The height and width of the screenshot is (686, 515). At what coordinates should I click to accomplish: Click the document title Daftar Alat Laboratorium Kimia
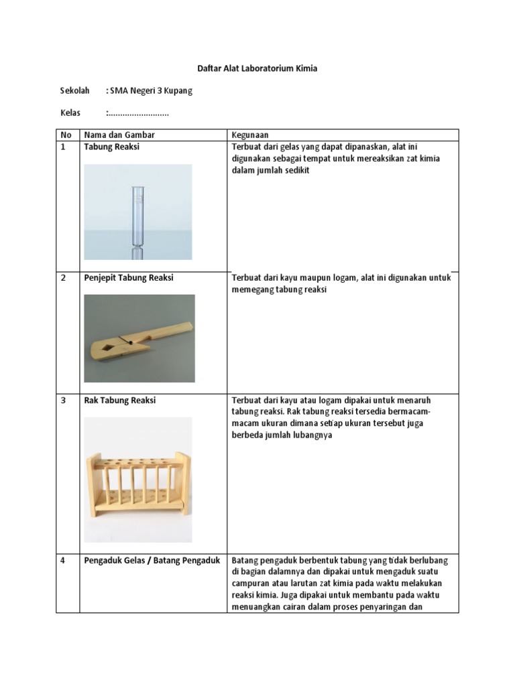pos(257,68)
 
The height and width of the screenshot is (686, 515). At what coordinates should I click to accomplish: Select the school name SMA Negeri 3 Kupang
pos(151,90)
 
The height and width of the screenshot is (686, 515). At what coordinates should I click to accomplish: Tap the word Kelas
pos(70,113)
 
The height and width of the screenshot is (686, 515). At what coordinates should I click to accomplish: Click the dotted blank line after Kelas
pos(138,115)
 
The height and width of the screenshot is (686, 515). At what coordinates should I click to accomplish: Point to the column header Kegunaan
pos(249,135)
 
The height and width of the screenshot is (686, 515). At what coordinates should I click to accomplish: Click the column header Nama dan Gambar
pos(119,135)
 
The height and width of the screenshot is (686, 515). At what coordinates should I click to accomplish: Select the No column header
pos(66,135)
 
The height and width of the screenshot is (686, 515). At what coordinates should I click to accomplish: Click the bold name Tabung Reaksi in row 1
pos(112,147)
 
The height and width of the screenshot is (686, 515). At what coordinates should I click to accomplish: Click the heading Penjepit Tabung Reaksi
pos(129,277)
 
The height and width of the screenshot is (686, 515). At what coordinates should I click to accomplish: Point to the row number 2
pos(63,278)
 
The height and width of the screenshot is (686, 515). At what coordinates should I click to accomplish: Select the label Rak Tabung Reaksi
pos(119,400)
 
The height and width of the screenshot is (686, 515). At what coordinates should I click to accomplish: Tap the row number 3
pos(63,401)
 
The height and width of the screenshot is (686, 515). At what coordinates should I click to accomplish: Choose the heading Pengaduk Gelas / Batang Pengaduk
pos(152,561)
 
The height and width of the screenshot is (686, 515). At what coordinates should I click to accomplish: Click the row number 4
pos(63,561)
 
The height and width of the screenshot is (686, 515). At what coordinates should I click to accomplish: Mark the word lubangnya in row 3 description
pos(312,435)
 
